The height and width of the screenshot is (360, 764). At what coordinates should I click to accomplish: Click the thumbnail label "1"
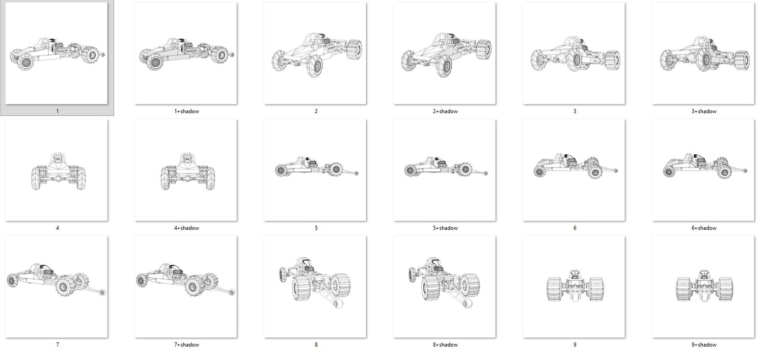coord(57,111)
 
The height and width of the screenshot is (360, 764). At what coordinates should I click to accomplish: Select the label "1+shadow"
coord(186,111)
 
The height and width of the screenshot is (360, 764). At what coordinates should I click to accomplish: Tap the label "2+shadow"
coord(445,111)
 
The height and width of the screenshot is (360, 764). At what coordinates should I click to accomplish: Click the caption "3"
coord(575,111)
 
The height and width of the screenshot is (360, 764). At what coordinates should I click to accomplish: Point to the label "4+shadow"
coord(186,228)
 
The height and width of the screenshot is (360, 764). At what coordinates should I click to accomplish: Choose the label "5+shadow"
coord(445,228)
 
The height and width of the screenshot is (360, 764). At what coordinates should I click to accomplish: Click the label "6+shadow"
coord(704,228)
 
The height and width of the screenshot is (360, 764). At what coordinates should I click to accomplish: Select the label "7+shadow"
coord(186,345)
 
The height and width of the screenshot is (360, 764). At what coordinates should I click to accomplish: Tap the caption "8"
coord(316,345)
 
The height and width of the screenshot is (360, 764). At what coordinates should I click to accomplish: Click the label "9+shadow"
coord(704,345)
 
